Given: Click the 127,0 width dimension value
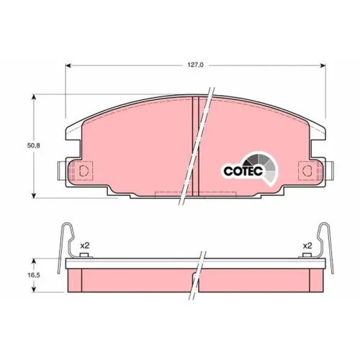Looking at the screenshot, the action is pos(195,65).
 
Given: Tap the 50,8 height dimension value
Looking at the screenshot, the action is pos(33,145).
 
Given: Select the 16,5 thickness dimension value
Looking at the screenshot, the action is pos(33,275).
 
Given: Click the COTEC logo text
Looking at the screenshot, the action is pos(243,171).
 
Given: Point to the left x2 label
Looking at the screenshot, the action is pos(84,246).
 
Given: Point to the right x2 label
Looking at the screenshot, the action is pos(307,246).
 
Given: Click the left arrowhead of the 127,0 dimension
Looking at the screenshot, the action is pos(68,66).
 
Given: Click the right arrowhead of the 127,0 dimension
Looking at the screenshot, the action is pos(323,66).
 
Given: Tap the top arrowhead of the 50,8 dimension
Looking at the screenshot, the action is pos(34,97).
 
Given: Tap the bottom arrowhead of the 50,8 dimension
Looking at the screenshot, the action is pos(34,195).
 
